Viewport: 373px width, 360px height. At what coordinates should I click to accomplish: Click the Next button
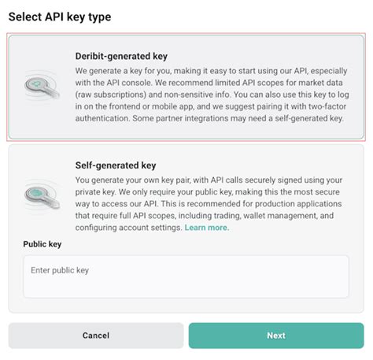pyautogui.click(x=275, y=336)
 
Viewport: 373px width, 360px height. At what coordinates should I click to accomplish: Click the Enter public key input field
pyautogui.click(x=186, y=276)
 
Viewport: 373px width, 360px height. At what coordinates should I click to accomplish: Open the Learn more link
pyautogui.click(x=207, y=228)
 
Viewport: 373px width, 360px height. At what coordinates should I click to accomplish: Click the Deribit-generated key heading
pyautogui.click(x=121, y=56)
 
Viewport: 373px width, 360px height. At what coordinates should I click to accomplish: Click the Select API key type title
pyautogui.click(x=60, y=17)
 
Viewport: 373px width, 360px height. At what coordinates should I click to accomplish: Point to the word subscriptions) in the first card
pyautogui.click(x=110, y=95)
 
